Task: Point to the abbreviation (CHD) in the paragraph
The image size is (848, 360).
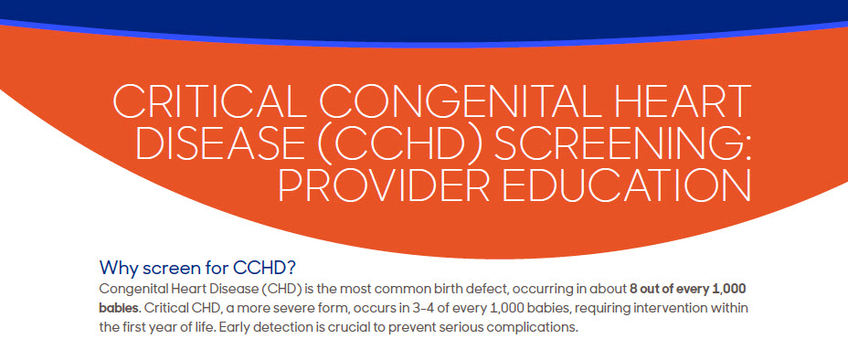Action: click(281, 289)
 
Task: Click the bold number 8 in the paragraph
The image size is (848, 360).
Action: click(634, 289)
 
